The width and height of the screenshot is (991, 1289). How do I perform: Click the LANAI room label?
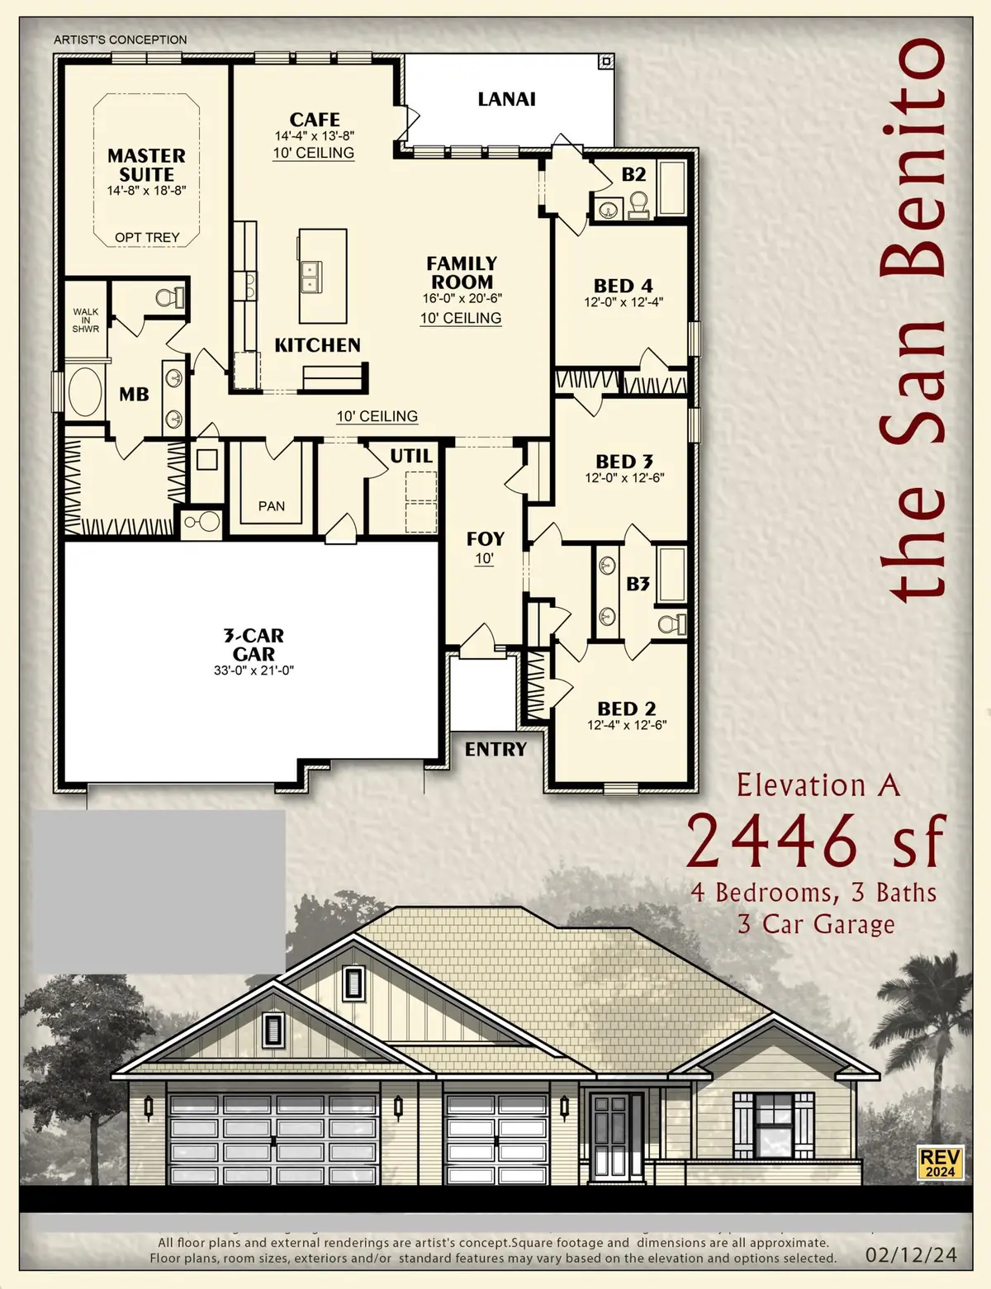click(x=506, y=99)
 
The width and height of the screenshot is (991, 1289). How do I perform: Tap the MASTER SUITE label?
click(x=146, y=165)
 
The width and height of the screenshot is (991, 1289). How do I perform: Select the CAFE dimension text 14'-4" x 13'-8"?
click(x=315, y=136)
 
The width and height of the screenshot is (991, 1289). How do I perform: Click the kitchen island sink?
click(x=312, y=277)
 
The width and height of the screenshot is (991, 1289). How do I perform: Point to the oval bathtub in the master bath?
click(x=83, y=392)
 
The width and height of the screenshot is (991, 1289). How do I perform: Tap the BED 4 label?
click(x=623, y=286)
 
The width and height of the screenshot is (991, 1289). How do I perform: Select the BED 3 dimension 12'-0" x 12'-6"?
click(x=624, y=478)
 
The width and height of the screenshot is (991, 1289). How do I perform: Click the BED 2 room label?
click(x=626, y=708)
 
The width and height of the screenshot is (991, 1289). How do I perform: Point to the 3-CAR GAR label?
click(x=254, y=644)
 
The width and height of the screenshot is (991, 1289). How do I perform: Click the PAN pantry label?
click(x=271, y=506)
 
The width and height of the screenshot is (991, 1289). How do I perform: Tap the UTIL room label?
click(x=410, y=456)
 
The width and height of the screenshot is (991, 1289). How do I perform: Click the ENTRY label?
click(x=495, y=749)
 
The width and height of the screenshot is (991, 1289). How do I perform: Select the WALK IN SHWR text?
click(x=86, y=320)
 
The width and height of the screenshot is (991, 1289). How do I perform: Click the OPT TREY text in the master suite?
click(x=147, y=237)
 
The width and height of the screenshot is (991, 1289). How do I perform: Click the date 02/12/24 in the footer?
click(x=911, y=1255)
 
